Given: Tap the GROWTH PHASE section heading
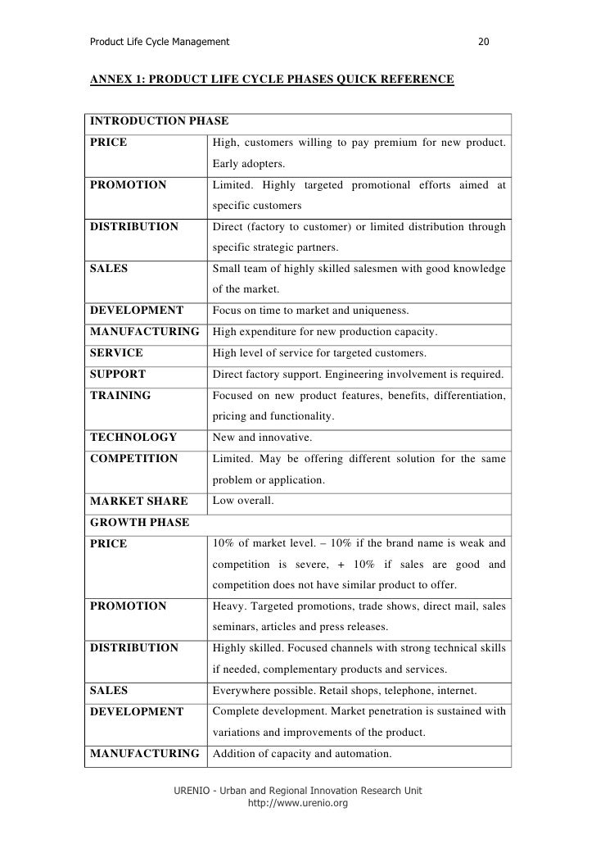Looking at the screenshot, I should pyautogui.click(x=139, y=522).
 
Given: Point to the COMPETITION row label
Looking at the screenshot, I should pyautogui.click(x=133, y=458).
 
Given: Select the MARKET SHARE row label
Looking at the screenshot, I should pyautogui.click(x=138, y=501).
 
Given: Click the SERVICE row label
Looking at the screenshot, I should pyautogui.click(x=116, y=352).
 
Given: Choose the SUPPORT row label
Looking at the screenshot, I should pyautogui.click(x=118, y=374).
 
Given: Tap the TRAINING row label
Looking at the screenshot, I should pyautogui.click(x=120, y=395).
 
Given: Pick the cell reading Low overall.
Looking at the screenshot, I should pyautogui.click(x=243, y=500).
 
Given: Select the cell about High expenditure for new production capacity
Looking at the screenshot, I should pyautogui.click(x=325, y=332).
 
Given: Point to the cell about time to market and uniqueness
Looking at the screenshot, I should pyautogui.click(x=316, y=311).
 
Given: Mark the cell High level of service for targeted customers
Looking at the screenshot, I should pyautogui.click(x=319, y=352).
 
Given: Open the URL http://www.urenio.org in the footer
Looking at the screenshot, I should pyautogui.click(x=298, y=804).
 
